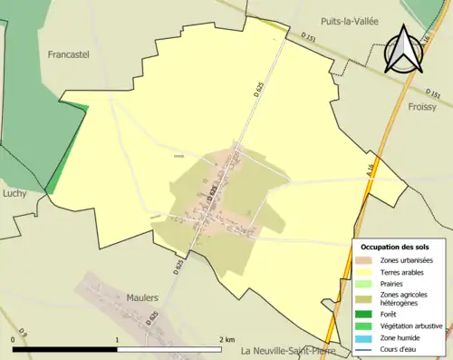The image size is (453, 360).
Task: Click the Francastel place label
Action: (x=69, y=54)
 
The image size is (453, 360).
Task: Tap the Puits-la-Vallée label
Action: (x=349, y=21)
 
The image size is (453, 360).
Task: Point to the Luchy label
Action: (x=14, y=192)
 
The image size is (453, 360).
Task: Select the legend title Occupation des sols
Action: (x=395, y=247)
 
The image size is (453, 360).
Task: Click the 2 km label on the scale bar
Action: (x=226, y=339)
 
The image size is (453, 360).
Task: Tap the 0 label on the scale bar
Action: (x=13, y=339)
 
